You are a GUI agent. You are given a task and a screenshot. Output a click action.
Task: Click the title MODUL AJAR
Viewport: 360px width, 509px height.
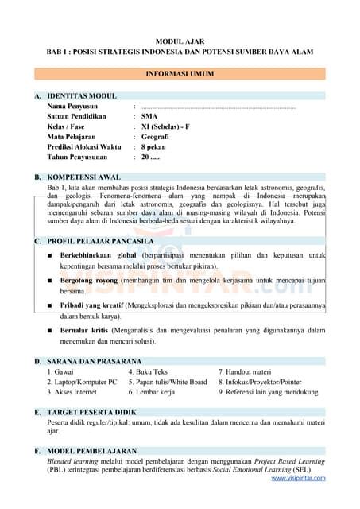180,40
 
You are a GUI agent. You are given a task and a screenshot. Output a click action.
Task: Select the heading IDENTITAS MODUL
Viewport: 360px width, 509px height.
82,95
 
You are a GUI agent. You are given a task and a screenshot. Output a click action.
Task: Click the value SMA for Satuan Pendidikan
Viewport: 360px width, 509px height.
149,116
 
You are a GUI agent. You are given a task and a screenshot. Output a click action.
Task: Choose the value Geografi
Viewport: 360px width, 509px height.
154,137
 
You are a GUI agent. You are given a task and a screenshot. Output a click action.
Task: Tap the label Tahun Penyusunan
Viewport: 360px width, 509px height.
80,157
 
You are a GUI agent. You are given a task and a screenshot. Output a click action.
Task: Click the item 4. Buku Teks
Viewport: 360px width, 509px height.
149,371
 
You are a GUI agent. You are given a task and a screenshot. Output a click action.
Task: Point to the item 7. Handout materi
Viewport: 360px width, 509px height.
245,371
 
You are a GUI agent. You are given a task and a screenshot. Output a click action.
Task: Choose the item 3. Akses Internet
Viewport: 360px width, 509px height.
73,392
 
